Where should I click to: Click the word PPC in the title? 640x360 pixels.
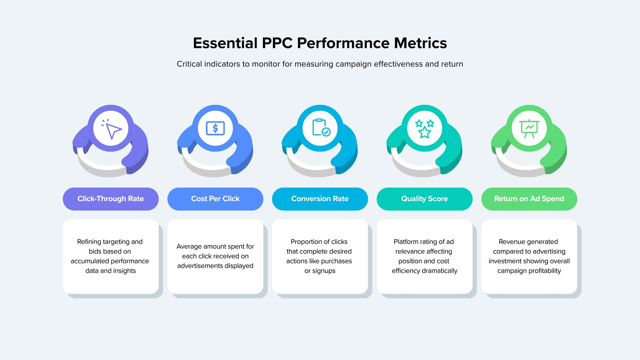(x=277, y=43)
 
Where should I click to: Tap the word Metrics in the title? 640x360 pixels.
(x=420, y=43)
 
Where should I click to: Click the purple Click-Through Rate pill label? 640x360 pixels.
(x=110, y=199)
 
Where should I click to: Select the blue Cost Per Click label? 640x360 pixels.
(x=215, y=199)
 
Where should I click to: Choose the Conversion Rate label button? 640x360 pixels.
(x=320, y=199)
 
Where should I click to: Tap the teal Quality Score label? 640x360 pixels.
(x=424, y=199)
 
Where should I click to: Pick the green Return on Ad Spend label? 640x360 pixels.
(x=529, y=199)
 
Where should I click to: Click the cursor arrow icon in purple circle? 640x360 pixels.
(x=112, y=129)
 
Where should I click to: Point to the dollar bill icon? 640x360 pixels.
(x=215, y=128)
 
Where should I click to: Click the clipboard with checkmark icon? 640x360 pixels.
(x=321, y=128)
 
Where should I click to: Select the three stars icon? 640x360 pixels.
(x=424, y=129)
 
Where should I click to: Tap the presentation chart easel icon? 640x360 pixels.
(x=529, y=128)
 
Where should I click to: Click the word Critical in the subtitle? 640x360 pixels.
(x=188, y=64)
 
